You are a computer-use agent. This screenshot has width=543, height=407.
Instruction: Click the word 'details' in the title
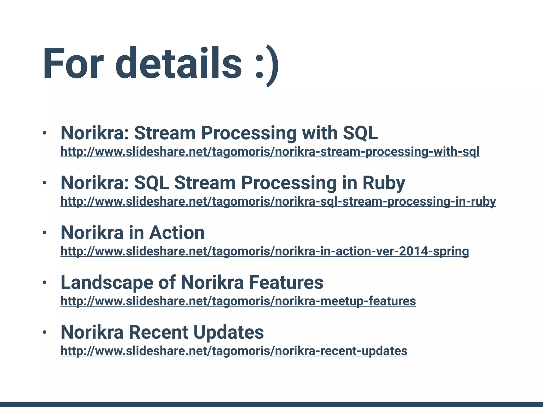click(x=178, y=64)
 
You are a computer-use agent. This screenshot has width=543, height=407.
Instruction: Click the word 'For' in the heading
click(x=73, y=64)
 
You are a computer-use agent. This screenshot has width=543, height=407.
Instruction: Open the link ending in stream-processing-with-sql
click(x=270, y=152)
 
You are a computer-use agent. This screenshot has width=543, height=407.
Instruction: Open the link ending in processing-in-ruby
click(x=278, y=202)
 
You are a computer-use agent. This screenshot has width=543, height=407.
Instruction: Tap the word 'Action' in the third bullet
click(x=177, y=233)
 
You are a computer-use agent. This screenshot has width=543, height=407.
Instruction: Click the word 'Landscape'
click(x=107, y=282)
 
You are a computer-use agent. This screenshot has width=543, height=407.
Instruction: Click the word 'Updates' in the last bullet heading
click(x=228, y=332)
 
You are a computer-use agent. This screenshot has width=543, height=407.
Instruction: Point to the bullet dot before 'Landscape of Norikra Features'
click(x=45, y=283)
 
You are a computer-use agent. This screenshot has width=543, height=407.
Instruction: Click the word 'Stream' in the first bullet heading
click(x=165, y=133)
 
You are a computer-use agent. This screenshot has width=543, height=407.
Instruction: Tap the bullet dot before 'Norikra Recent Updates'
click(x=45, y=332)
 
